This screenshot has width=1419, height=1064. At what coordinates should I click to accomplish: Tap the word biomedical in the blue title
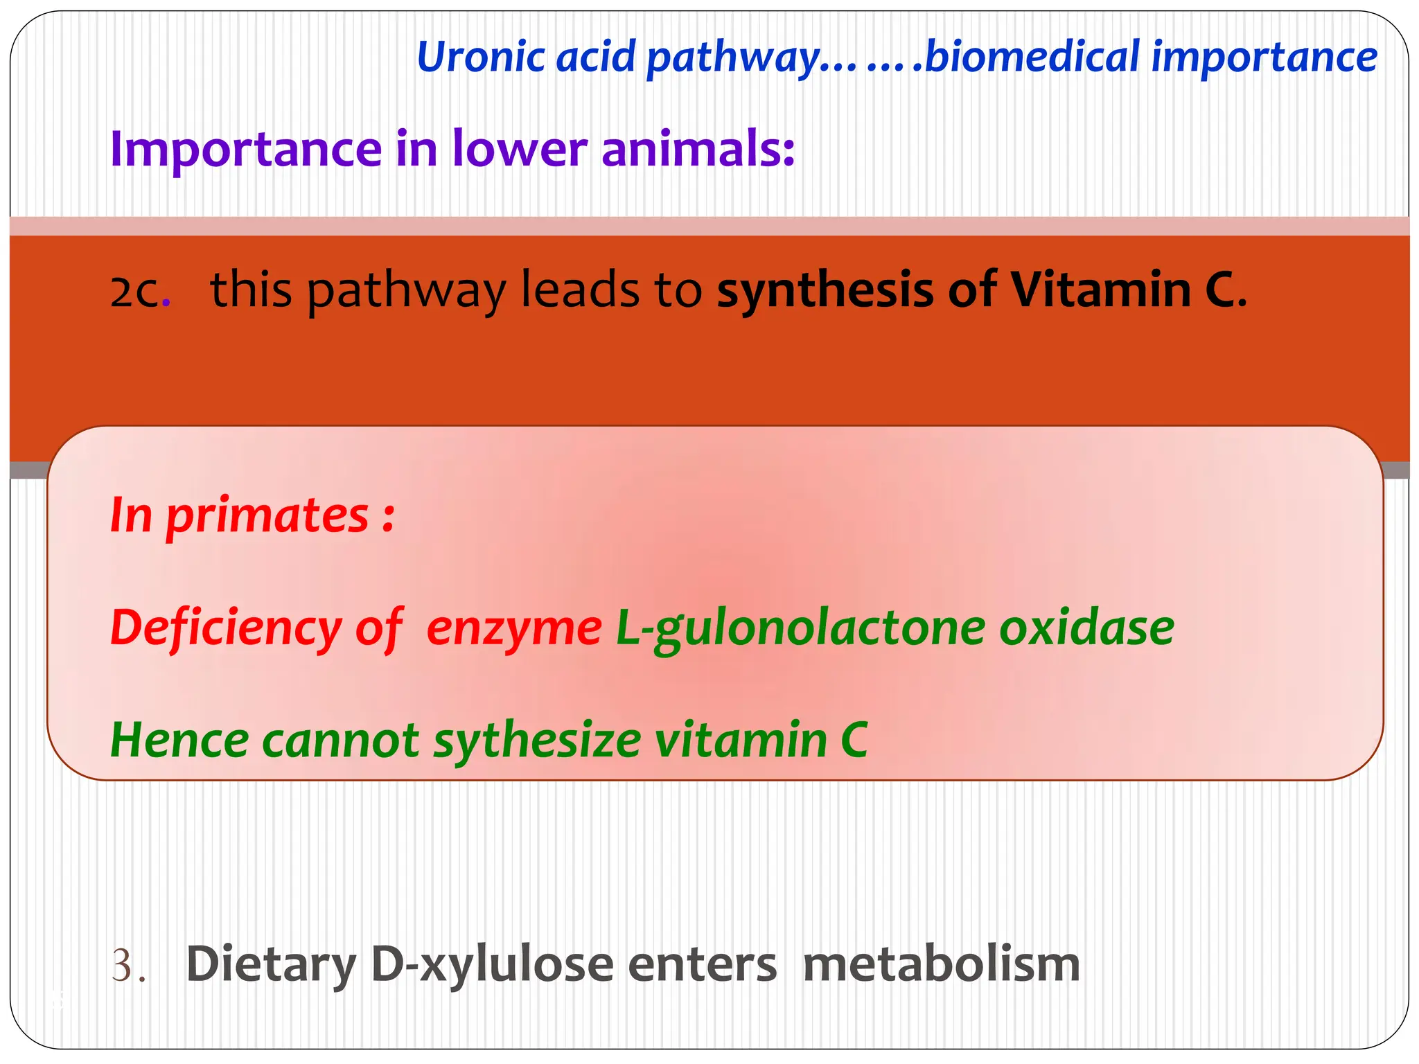click(1032, 57)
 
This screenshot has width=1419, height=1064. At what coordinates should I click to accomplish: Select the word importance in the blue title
click(1264, 57)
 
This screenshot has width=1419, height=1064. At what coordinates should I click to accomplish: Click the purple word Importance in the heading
click(246, 150)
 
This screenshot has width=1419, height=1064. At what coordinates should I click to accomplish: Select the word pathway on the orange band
click(406, 291)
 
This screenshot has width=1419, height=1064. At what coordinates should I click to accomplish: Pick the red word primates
click(267, 516)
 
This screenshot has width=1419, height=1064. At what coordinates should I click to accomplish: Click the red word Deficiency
click(225, 628)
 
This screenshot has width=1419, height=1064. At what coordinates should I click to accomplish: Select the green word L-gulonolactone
click(800, 629)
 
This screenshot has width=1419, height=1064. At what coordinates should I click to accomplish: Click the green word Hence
click(179, 740)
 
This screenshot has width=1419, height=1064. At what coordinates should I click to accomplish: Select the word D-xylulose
click(493, 966)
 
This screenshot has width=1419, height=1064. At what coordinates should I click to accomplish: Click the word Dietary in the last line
click(271, 966)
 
